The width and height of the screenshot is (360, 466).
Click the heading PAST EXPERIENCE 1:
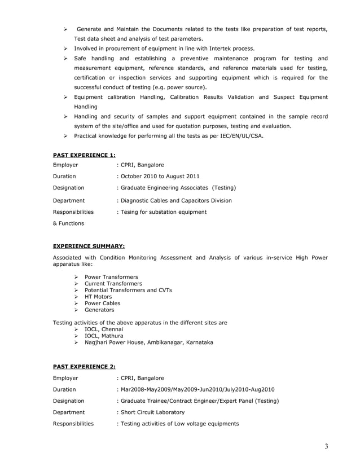coord(84,154)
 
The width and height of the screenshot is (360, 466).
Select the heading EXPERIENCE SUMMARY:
coord(89,246)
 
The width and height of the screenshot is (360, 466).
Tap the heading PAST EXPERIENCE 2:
coord(84,367)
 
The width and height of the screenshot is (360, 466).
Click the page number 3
coord(326,447)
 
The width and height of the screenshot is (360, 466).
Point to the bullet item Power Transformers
coord(111,277)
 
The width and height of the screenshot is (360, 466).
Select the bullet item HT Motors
coord(98,297)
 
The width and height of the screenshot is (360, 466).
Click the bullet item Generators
coord(99,310)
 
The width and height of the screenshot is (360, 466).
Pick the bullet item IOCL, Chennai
coord(103,329)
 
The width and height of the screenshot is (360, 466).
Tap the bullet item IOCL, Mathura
coord(104,336)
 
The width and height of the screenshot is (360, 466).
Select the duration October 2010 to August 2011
coord(160,177)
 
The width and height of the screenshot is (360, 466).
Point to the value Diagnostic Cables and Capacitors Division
coord(175,200)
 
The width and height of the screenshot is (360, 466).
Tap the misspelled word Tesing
coord(129,212)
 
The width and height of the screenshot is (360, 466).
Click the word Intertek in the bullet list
coord(217,49)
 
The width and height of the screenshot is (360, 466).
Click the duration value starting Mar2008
coord(197,389)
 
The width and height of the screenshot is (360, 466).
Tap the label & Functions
coord(68,223)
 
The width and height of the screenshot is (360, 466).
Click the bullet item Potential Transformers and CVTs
coord(128,290)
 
